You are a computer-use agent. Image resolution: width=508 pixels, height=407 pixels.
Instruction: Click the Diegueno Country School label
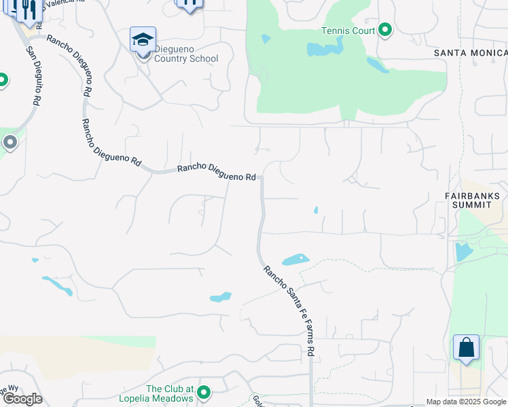pos(186,54)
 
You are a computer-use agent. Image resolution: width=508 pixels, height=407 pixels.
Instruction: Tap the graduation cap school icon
pos(143,39)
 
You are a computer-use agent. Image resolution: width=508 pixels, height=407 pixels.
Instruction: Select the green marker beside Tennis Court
pos(385,29)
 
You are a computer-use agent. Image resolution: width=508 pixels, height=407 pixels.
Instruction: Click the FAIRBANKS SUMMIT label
pos(468,199)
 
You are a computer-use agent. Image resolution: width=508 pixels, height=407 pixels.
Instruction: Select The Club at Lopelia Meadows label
pos(170,393)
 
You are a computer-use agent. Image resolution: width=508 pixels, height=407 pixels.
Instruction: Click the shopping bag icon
pos(466,347)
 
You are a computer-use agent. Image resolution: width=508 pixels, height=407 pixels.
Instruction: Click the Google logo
pos(22,399)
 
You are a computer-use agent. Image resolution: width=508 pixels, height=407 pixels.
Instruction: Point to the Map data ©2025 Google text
pos(466,402)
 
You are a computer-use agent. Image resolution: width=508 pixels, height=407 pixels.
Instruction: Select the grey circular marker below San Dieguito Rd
pos(10,142)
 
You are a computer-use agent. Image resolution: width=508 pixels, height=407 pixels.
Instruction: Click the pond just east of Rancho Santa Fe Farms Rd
pos(295,260)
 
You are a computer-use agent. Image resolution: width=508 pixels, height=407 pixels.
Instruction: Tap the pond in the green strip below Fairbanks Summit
pos(464,252)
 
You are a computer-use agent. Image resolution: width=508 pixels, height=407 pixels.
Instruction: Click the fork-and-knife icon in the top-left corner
pos(27,8)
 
